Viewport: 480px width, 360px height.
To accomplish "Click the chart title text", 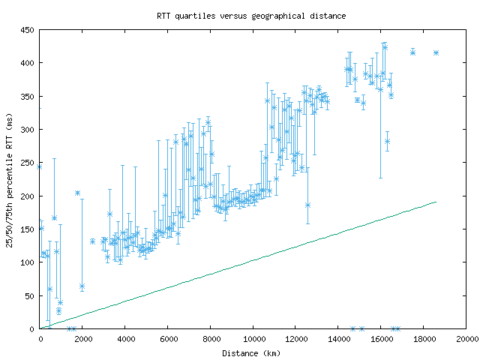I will click(x=251, y=15).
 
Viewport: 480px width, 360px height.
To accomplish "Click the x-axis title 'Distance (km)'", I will click(x=251, y=352).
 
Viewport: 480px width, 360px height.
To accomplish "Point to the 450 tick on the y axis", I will click(x=27, y=30).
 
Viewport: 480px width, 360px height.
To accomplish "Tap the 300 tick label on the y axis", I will click(x=27, y=130).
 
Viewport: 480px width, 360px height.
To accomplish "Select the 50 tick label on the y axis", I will click(x=29, y=296).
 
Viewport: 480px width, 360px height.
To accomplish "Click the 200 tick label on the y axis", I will click(x=27, y=196).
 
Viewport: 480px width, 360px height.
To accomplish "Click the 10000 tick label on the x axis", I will click(x=253, y=339).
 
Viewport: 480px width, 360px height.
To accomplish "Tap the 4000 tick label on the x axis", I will click(x=125, y=339).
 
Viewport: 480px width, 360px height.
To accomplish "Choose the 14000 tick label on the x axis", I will click(x=338, y=339).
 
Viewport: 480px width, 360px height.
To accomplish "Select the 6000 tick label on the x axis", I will click(x=168, y=339).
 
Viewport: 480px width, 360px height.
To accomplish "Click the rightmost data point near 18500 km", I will click(x=436, y=52).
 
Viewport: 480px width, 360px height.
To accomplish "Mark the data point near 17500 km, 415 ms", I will click(x=412, y=52).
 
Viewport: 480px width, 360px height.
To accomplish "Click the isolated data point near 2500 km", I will click(x=93, y=241).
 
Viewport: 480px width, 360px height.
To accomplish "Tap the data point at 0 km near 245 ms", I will click(x=40, y=166).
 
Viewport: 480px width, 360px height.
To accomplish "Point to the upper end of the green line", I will click(x=436, y=202).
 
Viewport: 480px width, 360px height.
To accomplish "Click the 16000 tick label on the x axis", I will click(x=381, y=339).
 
